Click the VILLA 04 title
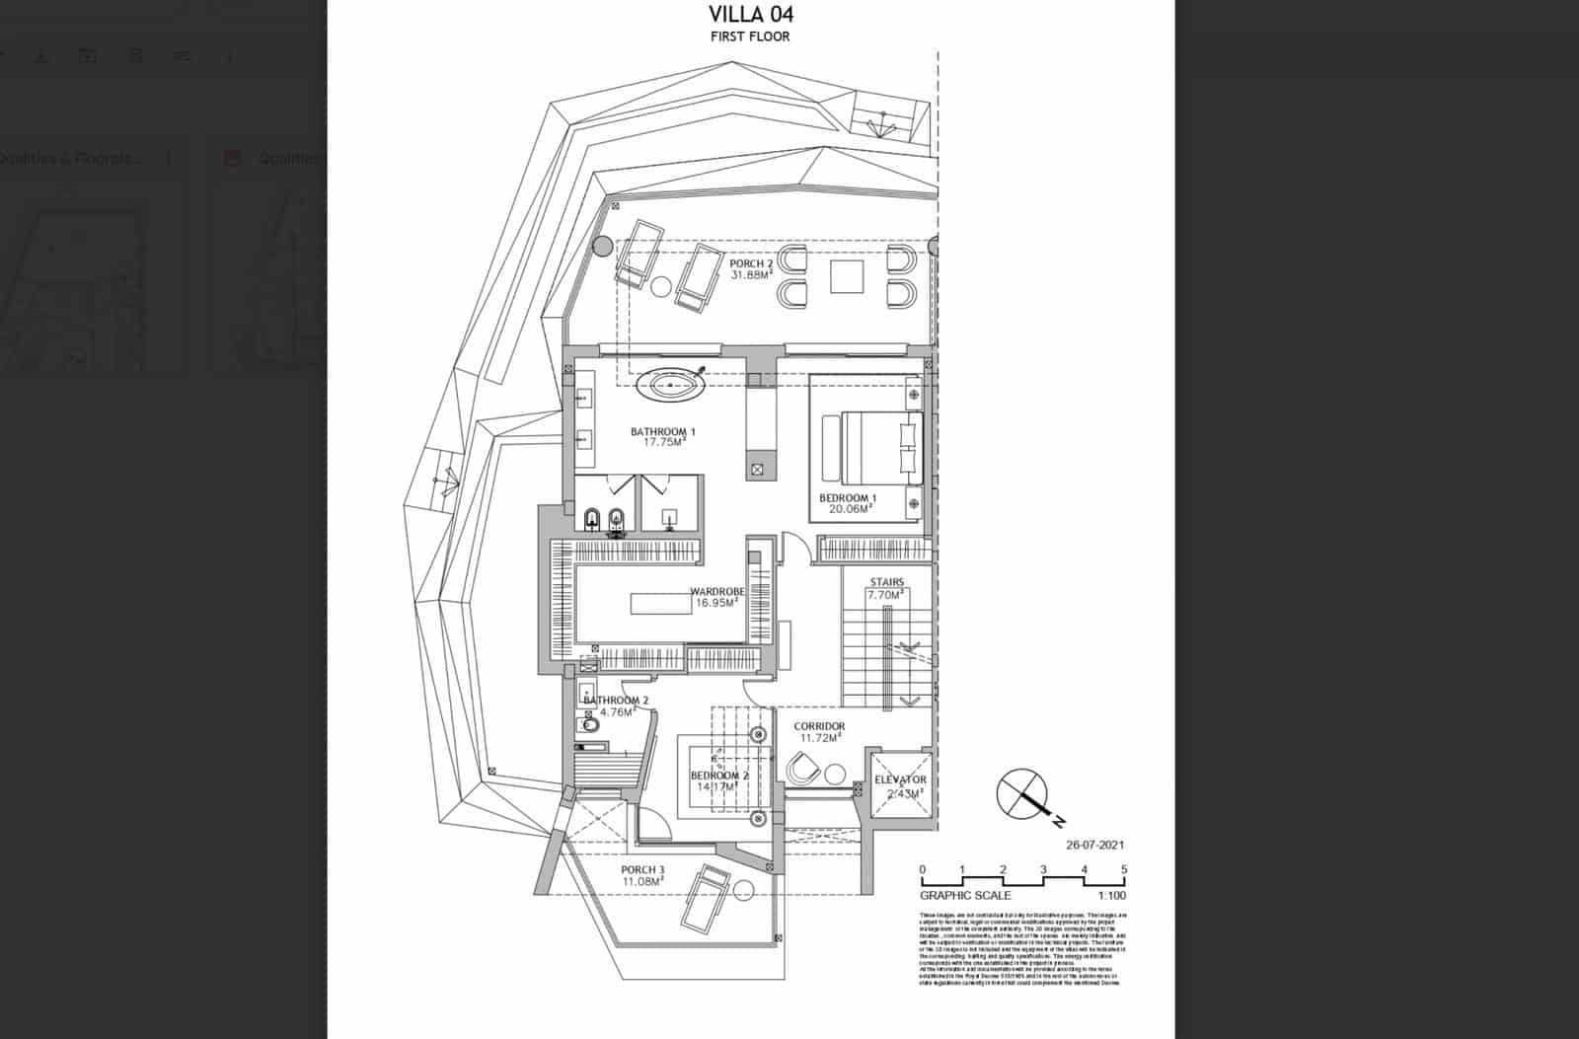pyautogui.click(x=750, y=14)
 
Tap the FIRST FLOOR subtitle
pyautogui.click(x=750, y=37)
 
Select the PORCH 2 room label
pyautogui.click(x=751, y=264)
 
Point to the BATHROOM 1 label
pyautogui.click(x=663, y=432)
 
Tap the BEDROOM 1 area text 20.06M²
pyautogui.click(x=850, y=510)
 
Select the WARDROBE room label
pyautogui.click(x=716, y=592)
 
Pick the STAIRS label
pyautogui.click(x=886, y=582)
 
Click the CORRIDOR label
pyautogui.click(x=819, y=727)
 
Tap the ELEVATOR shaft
pyautogui.click(x=900, y=785)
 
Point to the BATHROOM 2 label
pyautogui.click(x=616, y=701)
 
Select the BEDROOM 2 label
pyautogui.click(x=719, y=777)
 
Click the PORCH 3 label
pyautogui.click(x=642, y=870)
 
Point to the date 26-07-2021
pyautogui.click(x=1094, y=845)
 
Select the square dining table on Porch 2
pyautogui.click(x=847, y=276)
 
